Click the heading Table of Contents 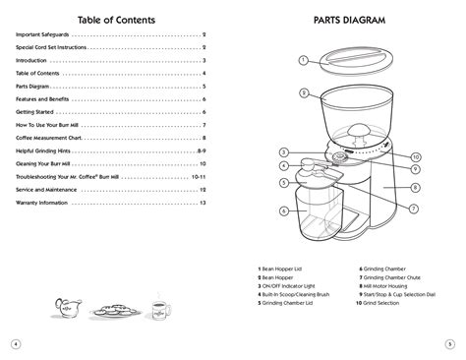pyautogui.click(x=113, y=19)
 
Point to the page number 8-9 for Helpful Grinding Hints pyautogui.click(x=200, y=150)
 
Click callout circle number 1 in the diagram pyautogui.click(x=304, y=60)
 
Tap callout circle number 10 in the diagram pyautogui.click(x=416, y=156)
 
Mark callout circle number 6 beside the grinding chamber pyautogui.click(x=283, y=210)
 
